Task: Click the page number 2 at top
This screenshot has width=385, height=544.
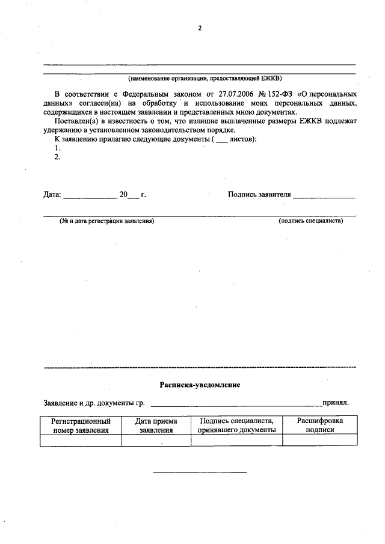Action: (200, 26)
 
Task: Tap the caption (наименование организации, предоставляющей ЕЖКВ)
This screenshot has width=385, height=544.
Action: (205, 78)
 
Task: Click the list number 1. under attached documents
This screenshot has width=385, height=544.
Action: (57, 148)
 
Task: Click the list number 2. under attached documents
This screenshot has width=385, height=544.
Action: (57, 157)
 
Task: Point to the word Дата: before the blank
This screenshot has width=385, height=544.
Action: (52, 195)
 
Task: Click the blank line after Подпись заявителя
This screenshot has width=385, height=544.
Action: (324, 197)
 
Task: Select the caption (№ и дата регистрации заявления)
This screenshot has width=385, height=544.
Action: (106, 221)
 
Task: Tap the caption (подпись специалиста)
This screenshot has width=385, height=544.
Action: (310, 221)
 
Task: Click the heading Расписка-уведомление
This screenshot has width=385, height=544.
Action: (200, 385)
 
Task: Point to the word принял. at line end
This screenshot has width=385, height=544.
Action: (335, 403)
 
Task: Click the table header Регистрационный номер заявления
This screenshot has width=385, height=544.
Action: (81, 426)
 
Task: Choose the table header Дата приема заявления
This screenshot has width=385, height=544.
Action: (156, 426)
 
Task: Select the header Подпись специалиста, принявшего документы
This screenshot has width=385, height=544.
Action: (237, 426)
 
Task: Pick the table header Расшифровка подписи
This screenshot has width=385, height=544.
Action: (320, 426)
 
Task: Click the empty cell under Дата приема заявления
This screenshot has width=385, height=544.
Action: (156, 441)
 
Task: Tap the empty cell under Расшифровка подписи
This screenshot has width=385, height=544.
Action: (320, 441)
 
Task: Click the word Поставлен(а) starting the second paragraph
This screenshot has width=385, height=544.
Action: (76, 121)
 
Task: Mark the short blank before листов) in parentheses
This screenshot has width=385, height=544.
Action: (221, 141)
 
